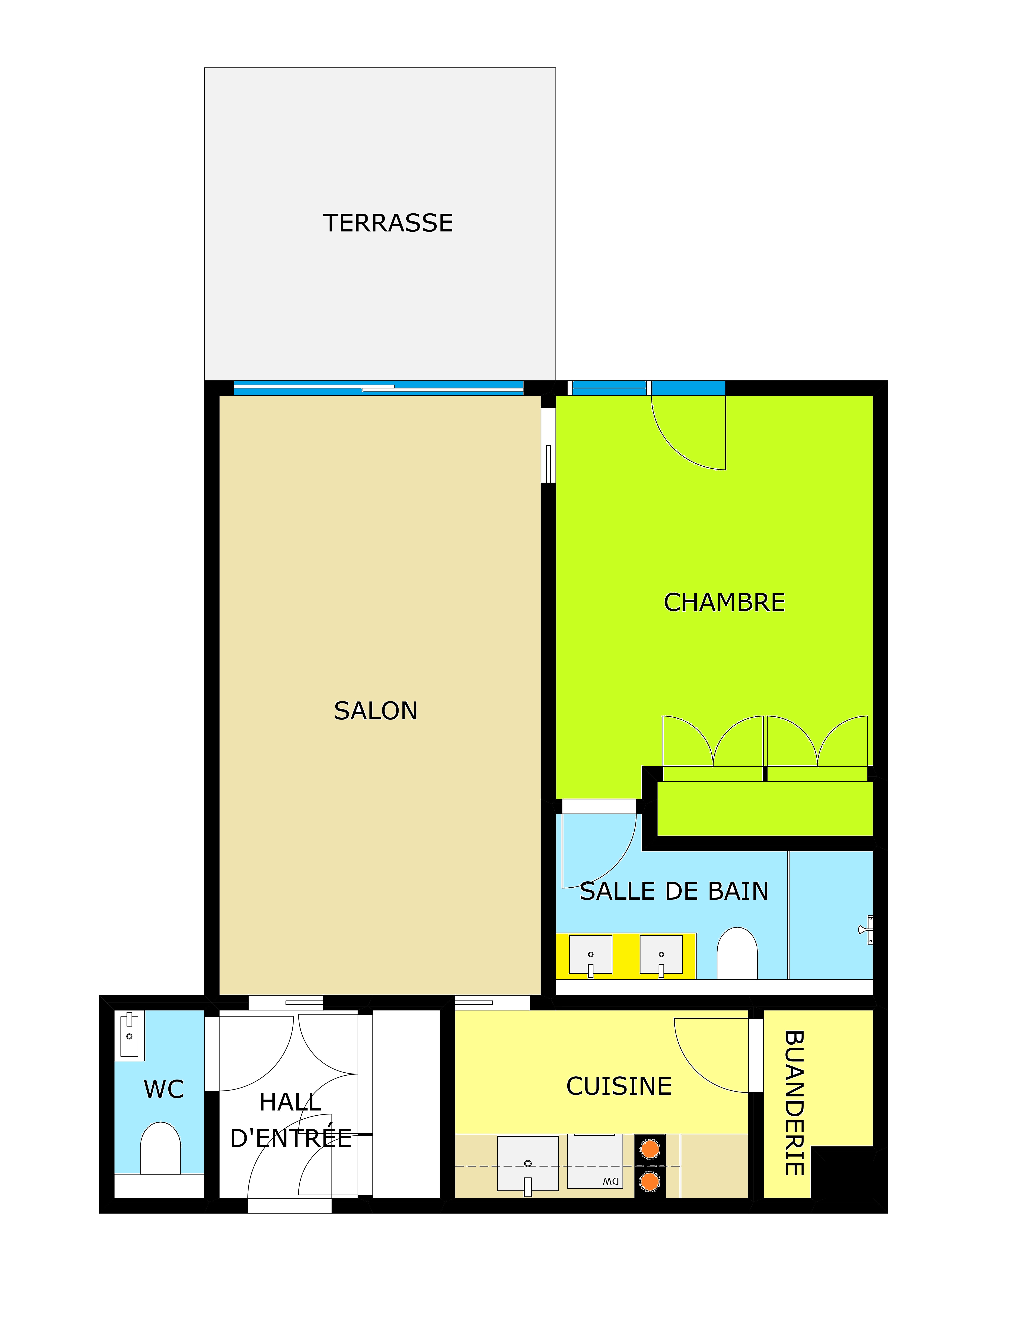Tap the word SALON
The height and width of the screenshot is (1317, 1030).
376,711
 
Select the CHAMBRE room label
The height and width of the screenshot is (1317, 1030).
724,602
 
